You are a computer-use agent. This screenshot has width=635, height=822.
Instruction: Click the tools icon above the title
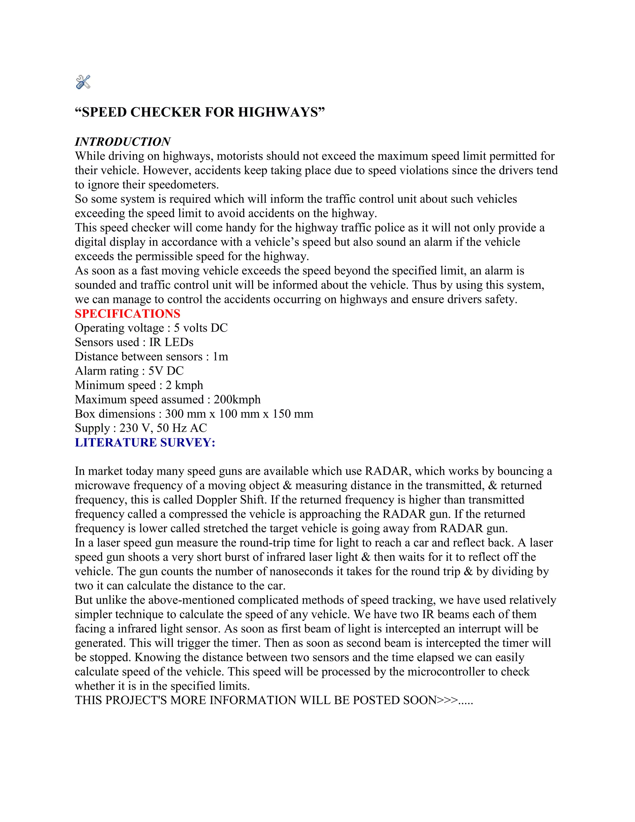tap(83, 82)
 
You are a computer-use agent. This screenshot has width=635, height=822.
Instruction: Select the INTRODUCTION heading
tap(123, 142)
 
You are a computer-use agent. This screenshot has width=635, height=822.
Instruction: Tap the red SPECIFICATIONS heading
tap(127, 314)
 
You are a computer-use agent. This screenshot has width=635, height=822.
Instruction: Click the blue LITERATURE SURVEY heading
tap(145, 443)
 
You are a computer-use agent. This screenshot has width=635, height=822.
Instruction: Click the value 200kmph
tap(237, 399)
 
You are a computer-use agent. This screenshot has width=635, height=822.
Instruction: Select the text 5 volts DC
tap(201, 328)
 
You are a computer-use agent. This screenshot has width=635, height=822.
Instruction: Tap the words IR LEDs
tap(171, 342)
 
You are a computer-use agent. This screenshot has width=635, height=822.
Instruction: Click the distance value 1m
tap(220, 356)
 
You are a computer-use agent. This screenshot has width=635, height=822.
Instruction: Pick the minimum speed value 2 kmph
tap(184, 385)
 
